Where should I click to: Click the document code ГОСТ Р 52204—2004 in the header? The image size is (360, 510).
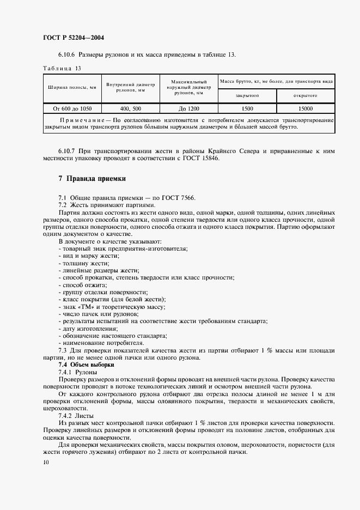tap(74, 38)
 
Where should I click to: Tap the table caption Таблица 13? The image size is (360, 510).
tap(62, 69)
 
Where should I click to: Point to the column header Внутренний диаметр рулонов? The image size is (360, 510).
tap(131, 87)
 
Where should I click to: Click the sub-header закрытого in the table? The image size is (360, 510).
tap(247, 95)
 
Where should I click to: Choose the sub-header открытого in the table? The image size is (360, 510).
tap(306, 95)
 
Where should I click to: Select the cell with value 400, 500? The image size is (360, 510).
tap(131, 108)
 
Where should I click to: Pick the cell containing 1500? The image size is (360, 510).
tap(247, 108)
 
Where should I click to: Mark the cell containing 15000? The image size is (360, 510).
tap(306, 108)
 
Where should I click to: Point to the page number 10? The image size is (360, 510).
tap(46, 462)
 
